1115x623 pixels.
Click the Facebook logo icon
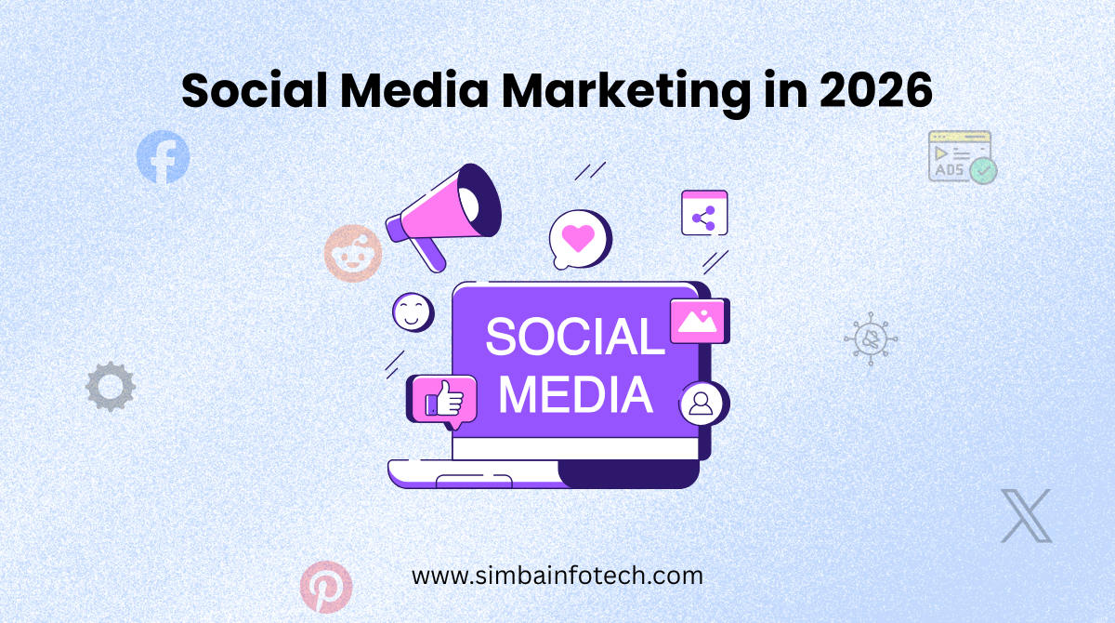[163, 157]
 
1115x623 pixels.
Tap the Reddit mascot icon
[353, 253]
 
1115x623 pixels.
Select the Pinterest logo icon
[326, 586]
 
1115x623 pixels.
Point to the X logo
[1027, 515]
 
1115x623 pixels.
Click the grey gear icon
[111, 387]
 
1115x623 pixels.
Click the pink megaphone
[446, 216]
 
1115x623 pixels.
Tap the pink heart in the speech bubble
[577, 237]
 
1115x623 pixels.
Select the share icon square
[704, 213]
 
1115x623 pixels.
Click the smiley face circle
[413, 311]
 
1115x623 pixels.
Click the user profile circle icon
[702, 404]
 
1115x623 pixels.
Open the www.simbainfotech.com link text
[557, 576]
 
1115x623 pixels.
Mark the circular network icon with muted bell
[871, 338]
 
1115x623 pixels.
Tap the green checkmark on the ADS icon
[983, 170]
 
